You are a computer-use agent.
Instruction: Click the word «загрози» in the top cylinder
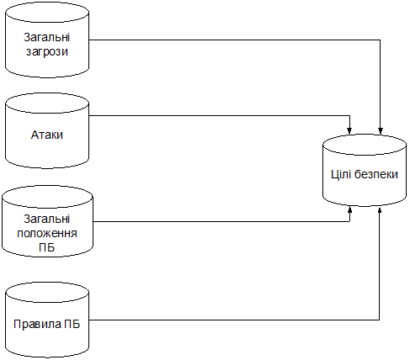(x=47, y=52)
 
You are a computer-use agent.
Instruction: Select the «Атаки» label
(x=47, y=135)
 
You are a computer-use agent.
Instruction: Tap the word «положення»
(x=47, y=233)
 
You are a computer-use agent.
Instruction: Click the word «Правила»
(x=37, y=325)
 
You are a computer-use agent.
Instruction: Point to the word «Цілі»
(x=341, y=174)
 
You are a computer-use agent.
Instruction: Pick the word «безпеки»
(x=376, y=174)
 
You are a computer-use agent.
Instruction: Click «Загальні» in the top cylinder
(x=47, y=38)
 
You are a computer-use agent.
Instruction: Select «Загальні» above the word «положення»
(x=47, y=220)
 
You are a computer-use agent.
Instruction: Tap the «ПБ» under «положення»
(x=47, y=247)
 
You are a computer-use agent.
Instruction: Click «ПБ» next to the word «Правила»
(x=72, y=324)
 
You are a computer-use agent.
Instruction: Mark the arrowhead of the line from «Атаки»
(x=349, y=130)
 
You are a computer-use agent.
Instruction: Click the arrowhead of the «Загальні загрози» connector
(x=381, y=130)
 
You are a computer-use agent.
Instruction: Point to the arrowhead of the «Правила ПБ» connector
(x=380, y=210)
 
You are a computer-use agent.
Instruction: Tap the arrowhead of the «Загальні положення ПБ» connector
(x=349, y=209)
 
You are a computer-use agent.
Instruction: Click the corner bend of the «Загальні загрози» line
(x=381, y=40)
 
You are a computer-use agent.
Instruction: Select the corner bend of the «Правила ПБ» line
(x=380, y=320)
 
